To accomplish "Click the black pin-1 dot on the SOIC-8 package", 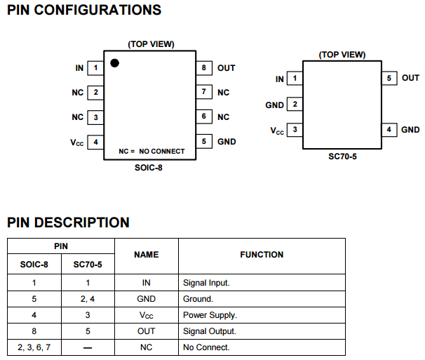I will pyautogui.click(x=114, y=63).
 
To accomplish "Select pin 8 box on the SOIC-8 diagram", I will pyautogui.click(x=203, y=68).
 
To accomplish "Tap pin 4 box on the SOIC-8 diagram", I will pyautogui.click(x=95, y=142).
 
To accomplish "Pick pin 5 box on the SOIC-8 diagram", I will pyautogui.click(x=203, y=142).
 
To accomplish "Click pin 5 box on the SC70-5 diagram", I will pyautogui.click(x=389, y=78).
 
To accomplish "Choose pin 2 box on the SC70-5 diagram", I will pyautogui.click(x=295, y=105).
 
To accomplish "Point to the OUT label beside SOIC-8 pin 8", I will pyautogui.click(x=226, y=68).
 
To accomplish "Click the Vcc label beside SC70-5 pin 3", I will pyautogui.click(x=277, y=131).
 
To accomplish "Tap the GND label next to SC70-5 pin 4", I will pyautogui.click(x=410, y=130).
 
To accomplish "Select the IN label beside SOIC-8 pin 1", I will pyautogui.click(x=79, y=68).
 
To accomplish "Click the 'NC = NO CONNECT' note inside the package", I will pyautogui.click(x=151, y=151).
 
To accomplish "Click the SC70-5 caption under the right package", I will pyautogui.click(x=342, y=156).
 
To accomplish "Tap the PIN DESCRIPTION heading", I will pyautogui.click(x=68, y=222).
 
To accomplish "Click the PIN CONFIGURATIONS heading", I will pyautogui.click(x=83, y=11).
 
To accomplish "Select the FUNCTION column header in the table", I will pyautogui.click(x=262, y=255).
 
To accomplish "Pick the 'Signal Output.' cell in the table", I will pyautogui.click(x=209, y=331).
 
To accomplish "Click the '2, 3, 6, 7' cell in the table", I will pyautogui.click(x=34, y=347).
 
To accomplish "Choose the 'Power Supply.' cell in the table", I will pyautogui.click(x=210, y=315).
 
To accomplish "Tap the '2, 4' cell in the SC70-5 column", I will pyautogui.click(x=87, y=299).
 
